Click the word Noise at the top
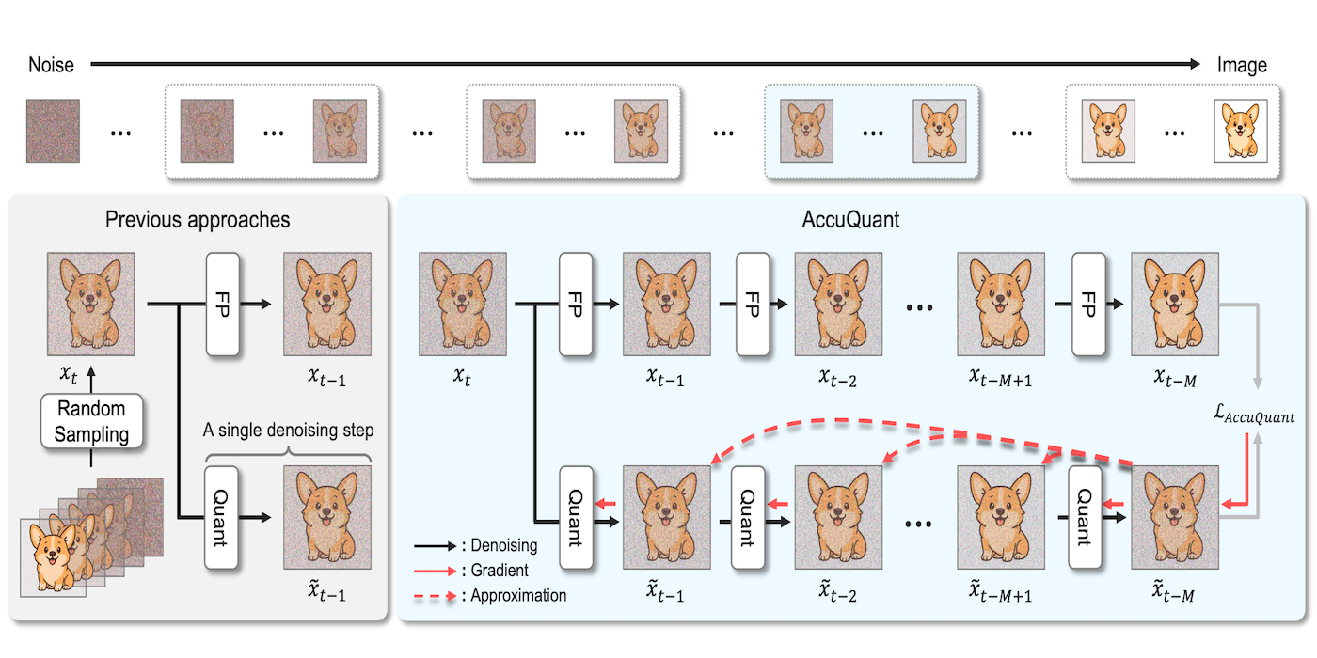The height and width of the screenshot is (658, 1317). coord(51,65)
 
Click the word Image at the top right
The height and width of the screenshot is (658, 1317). coord(1242,65)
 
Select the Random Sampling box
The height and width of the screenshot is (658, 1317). coord(91,421)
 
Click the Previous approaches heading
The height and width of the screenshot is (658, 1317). coord(198,220)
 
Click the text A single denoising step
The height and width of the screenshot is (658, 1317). coord(289,431)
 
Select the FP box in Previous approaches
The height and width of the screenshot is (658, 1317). coord(221,303)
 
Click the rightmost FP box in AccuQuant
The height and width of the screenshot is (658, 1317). coord(1086,303)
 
